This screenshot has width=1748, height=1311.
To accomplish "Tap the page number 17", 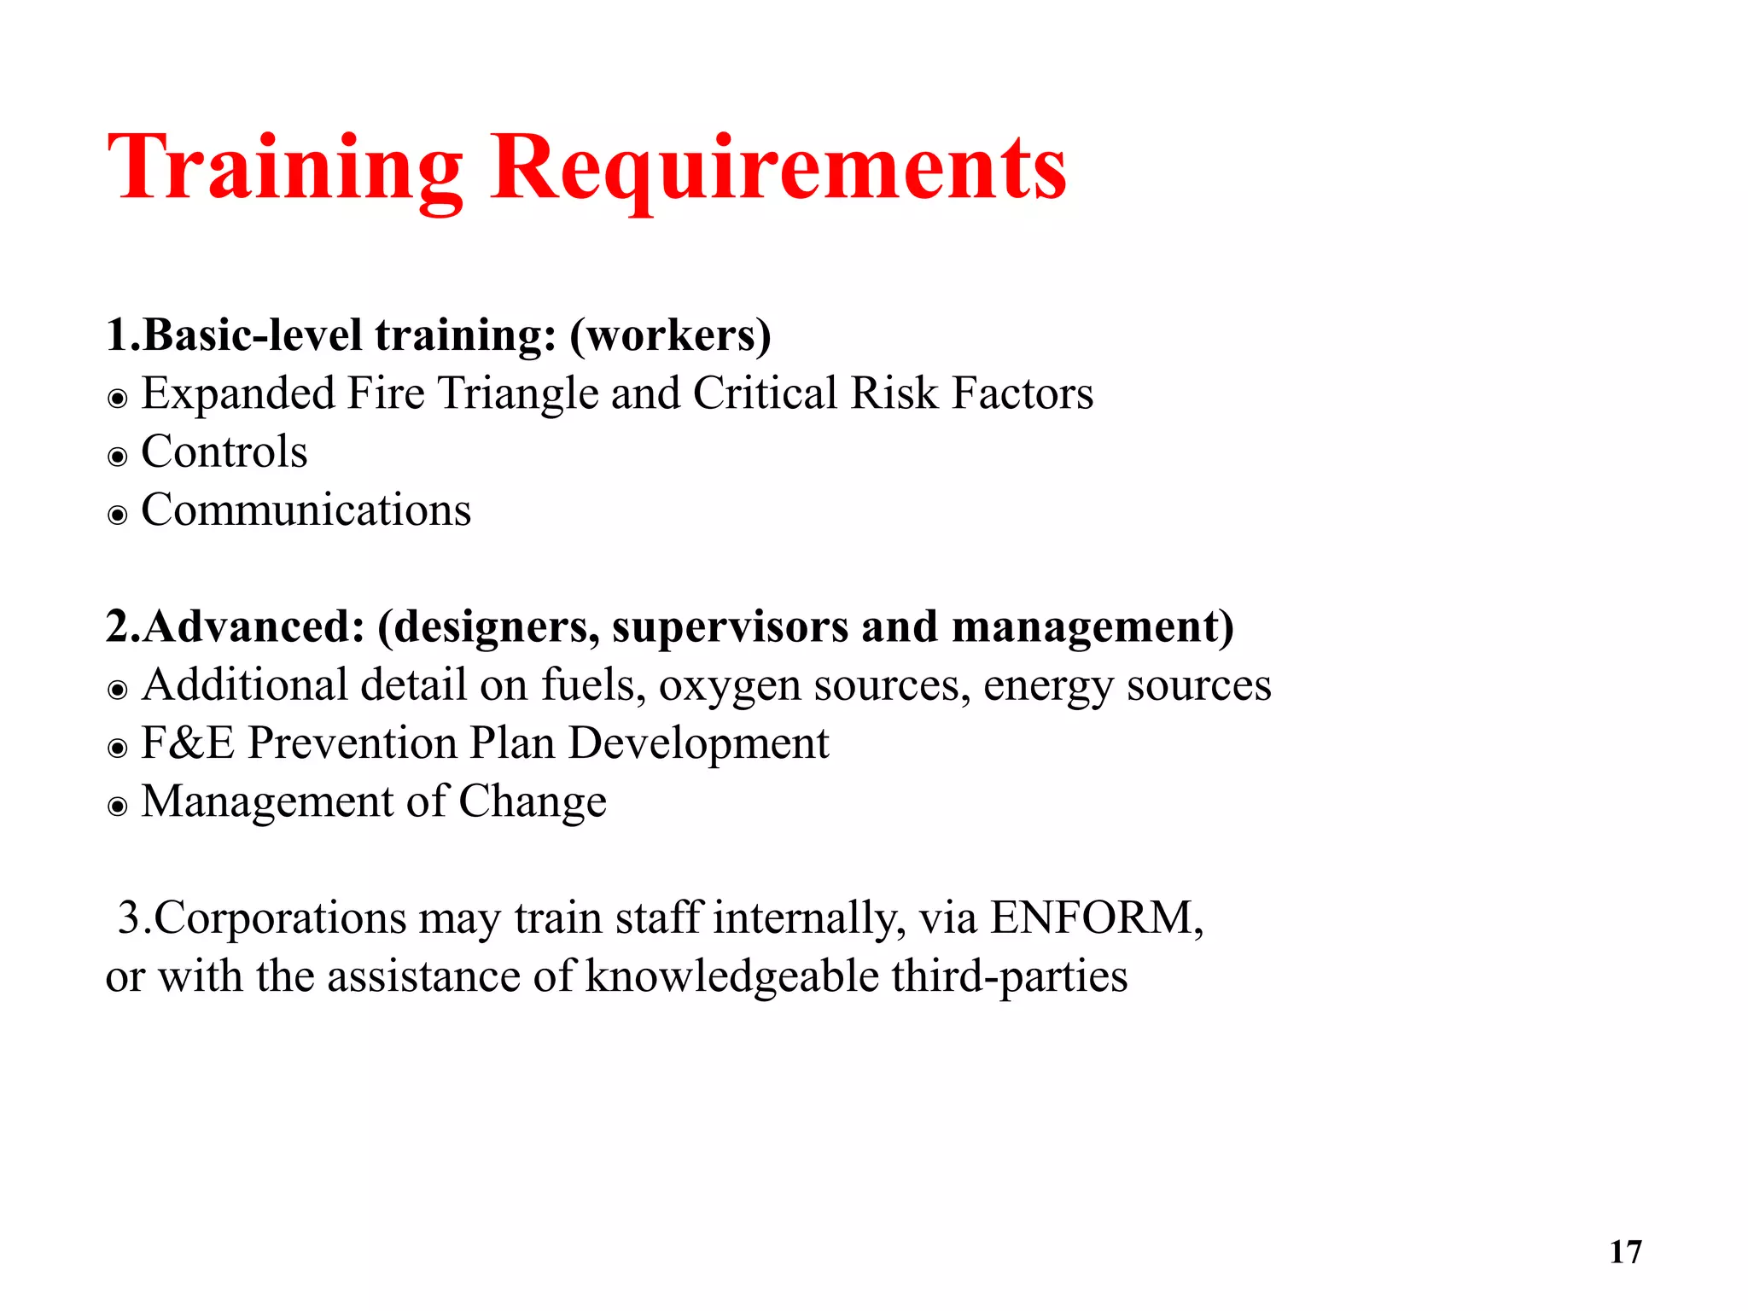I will point(1625,1252).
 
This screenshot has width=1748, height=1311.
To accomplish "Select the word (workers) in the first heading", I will point(670,335).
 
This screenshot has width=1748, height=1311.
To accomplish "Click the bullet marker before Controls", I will point(118,457).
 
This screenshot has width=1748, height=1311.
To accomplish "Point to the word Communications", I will point(306,510).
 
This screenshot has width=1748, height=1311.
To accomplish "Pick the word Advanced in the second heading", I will point(247,626).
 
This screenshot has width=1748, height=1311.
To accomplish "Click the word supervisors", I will point(730,626).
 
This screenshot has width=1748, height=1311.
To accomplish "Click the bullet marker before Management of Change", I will point(118,807).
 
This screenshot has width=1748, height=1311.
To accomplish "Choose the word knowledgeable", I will point(731,976).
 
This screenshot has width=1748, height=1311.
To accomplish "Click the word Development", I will point(698,744).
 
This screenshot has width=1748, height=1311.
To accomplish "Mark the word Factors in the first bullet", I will point(1023,394).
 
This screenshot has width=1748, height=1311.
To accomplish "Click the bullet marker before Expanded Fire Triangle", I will point(118,399).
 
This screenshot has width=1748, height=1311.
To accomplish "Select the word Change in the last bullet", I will point(533,802).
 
